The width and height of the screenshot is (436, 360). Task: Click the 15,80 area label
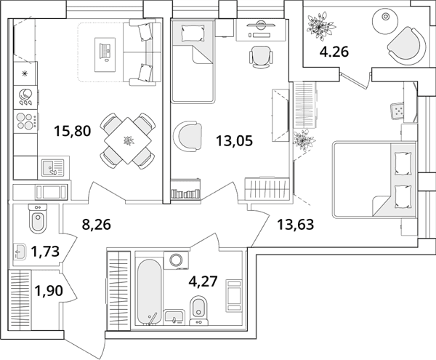point(73,131)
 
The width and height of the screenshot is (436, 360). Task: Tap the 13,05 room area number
point(235,141)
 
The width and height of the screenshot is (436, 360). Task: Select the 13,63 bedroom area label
point(295,225)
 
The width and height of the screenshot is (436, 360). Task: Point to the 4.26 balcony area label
point(334,52)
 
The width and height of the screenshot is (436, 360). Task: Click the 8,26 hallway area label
point(97,225)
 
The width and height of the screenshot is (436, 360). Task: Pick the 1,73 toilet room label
point(45,252)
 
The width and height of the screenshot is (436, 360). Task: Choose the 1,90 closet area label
point(49,291)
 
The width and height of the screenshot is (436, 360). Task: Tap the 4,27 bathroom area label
point(203,281)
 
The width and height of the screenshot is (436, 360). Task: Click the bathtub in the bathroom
point(149,292)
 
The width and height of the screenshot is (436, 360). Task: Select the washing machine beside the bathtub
point(177,260)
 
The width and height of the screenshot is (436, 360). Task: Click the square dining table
point(128,140)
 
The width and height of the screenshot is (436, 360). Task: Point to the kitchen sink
point(53,168)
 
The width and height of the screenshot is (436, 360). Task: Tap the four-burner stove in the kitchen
point(25,121)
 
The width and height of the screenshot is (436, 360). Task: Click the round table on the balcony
point(385,17)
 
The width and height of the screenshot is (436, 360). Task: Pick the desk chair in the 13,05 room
point(260,56)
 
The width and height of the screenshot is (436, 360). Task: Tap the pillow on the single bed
point(193,33)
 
